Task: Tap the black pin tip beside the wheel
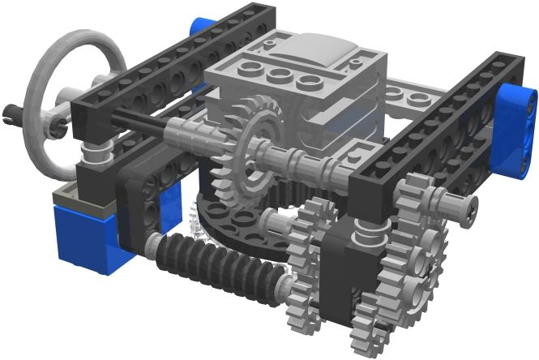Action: [x=11, y=110]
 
